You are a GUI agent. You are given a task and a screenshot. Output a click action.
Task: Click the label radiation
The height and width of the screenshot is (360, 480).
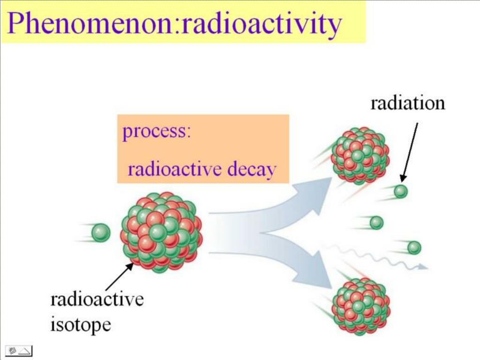click(407, 103)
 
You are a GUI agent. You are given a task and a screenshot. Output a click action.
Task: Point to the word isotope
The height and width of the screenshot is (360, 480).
click(81, 324)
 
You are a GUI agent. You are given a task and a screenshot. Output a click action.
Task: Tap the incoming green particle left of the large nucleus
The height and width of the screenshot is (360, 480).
click(100, 233)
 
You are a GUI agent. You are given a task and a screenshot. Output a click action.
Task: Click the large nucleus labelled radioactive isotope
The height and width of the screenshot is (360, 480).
click(162, 232)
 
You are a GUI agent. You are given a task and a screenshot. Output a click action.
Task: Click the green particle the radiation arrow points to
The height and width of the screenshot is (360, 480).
click(400, 191)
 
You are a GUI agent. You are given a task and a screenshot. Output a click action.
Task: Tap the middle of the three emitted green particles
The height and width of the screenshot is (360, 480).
click(376, 223)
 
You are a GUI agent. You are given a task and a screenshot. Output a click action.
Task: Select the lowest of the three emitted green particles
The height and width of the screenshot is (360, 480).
click(414, 247)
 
